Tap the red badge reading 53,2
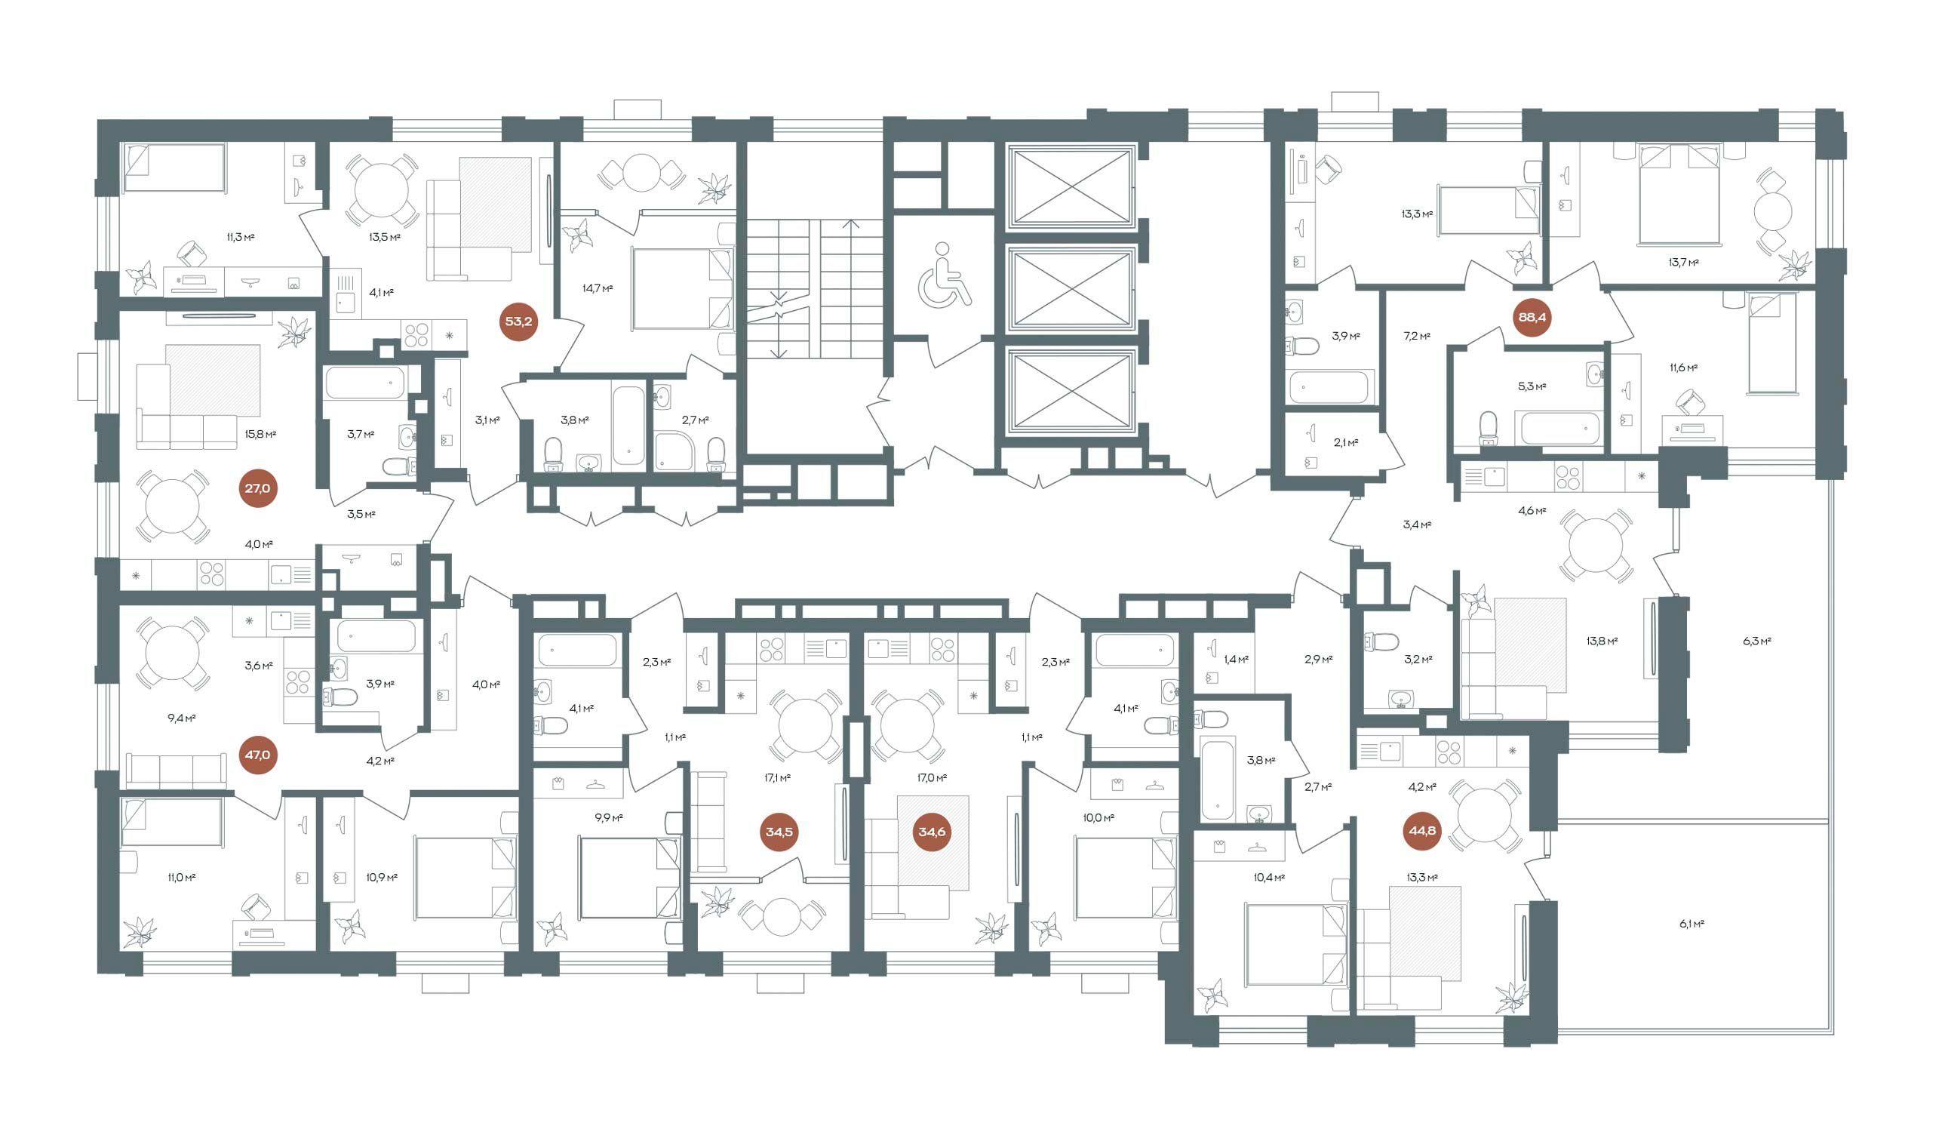click(x=518, y=321)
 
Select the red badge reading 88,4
click(x=1532, y=318)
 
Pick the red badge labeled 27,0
click(x=258, y=488)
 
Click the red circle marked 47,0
click(x=257, y=755)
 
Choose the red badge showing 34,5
click(x=779, y=832)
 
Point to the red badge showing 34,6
click(x=931, y=832)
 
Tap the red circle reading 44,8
click(x=1422, y=832)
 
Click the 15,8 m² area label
click(x=260, y=434)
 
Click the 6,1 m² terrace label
click(x=1692, y=923)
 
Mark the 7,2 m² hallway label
click(x=1416, y=336)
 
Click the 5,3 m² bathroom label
click(x=1532, y=386)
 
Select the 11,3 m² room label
click(x=241, y=237)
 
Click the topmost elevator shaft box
click(x=1071, y=189)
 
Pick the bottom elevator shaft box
click(x=1071, y=393)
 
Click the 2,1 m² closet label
click(x=1344, y=442)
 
